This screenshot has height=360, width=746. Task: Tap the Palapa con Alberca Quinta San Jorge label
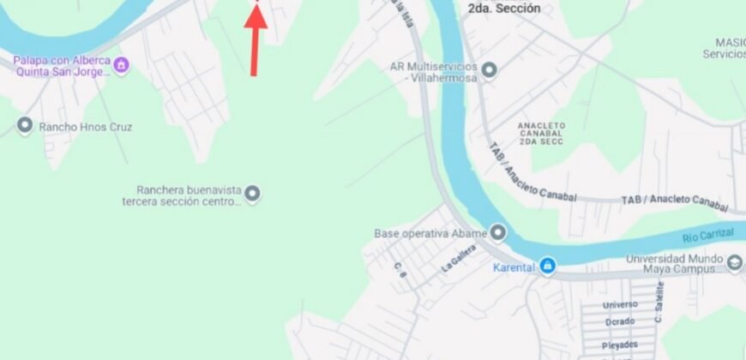pos(62,65)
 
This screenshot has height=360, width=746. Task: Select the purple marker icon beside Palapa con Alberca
pos(122,63)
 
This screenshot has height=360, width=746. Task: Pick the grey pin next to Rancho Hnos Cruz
pos(24,126)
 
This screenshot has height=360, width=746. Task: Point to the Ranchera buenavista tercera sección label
pos(182,195)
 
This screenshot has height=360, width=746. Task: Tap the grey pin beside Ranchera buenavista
pos(252,195)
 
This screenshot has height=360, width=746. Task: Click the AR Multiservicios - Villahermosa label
pos(433,70)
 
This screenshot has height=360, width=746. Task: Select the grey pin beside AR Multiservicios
pos(490,70)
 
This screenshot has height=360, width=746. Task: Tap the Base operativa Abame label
pos(430,233)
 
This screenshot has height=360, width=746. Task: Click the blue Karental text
pos(514,267)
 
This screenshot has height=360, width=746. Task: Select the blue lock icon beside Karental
pos(547,267)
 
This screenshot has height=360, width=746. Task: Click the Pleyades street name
pos(620,343)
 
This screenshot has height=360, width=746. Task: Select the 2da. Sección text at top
pos(503,9)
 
